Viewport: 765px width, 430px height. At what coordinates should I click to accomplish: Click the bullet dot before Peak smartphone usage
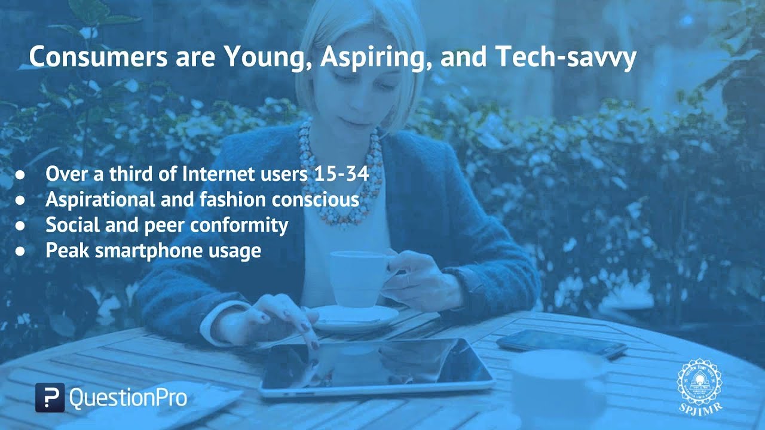tap(20, 251)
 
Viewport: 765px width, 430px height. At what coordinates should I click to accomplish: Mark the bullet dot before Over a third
tap(20, 175)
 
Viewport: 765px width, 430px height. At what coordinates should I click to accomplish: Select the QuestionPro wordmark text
tap(128, 398)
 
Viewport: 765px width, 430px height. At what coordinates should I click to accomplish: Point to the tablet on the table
tap(376, 368)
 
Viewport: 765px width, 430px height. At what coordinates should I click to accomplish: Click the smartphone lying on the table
tap(562, 343)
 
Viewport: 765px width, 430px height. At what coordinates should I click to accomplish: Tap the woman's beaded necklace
tap(341, 173)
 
